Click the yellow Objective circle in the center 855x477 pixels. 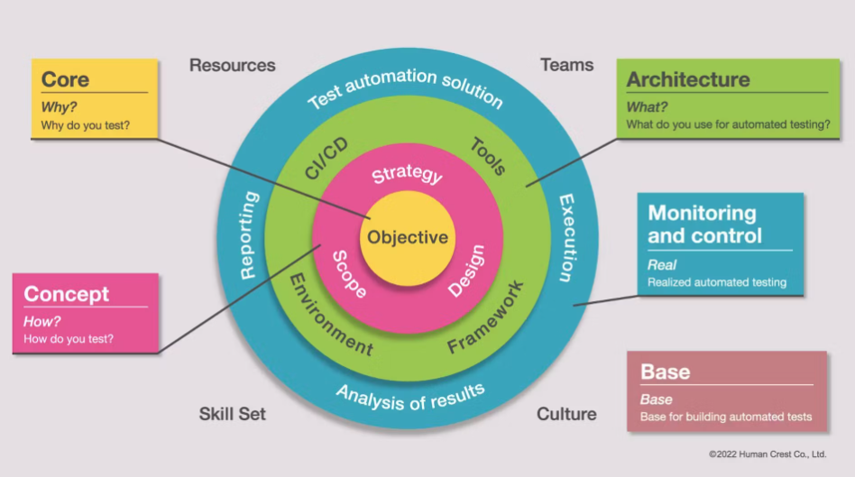pos(408,238)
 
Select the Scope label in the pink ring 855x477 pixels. pos(350,274)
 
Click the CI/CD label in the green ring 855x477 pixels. pos(326,160)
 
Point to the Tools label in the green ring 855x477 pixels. pos(488,156)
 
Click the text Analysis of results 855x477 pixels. pos(410,397)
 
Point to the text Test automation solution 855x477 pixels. pos(406,87)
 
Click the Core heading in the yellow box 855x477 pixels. pos(65,79)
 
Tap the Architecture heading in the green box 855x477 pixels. pos(688,79)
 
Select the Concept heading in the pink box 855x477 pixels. pos(67,294)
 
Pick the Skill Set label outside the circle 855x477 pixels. pos(233,414)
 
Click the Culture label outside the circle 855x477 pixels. pos(566,414)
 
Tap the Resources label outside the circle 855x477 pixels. pos(232,65)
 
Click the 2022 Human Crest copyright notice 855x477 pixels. pos(768,454)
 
